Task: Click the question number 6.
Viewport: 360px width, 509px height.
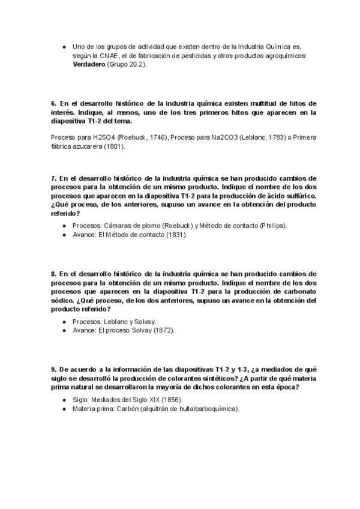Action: pos(53,103)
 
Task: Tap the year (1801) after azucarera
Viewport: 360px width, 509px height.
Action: pos(113,146)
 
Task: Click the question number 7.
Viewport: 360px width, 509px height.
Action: pos(53,179)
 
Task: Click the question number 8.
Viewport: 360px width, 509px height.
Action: pos(53,273)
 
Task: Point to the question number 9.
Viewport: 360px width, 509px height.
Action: pos(53,369)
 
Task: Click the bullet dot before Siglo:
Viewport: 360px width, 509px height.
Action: pos(64,400)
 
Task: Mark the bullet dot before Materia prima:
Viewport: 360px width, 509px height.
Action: pos(64,409)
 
